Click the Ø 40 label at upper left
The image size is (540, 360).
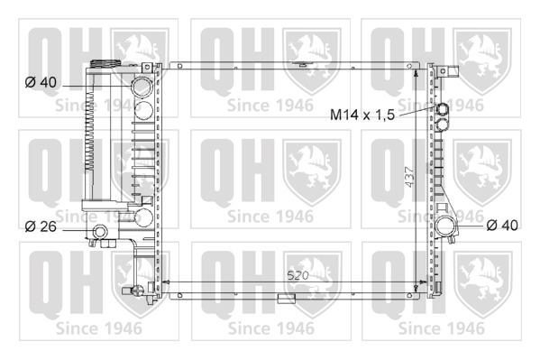pyautogui.click(x=41, y=82)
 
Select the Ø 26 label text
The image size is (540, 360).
pyautogui.click(x=41, y=226)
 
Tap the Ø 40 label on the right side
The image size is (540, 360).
pyautogui.click(x=502, y=226)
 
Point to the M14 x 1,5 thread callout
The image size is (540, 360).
pyautogui.click(x=362, y=115)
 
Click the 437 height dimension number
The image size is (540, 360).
pyautogui.click(x=410, y=177)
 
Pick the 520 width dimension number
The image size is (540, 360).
pyautogui.click(x=298, y=275)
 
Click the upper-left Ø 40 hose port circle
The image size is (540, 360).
pyautogui.click(x=142, y=87)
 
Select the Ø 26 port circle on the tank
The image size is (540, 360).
pyautogui.click(x=100, y=232)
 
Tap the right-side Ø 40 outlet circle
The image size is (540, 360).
pyautogui.click(x=445, y=226)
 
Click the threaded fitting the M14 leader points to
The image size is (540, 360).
pyautogui.click(x=443, y=109)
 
